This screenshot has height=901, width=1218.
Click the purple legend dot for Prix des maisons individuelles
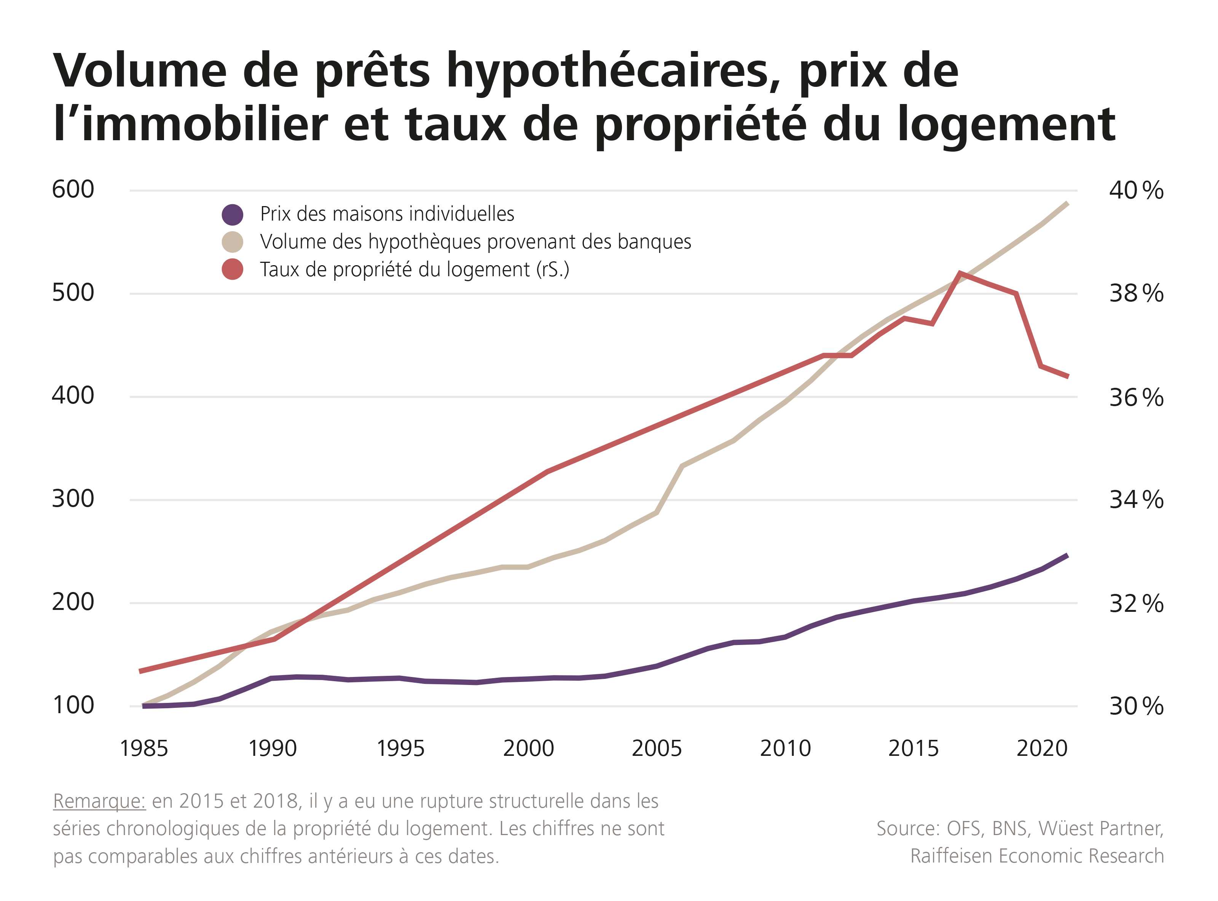point(232,215)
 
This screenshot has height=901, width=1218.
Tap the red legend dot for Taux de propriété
point(232,269)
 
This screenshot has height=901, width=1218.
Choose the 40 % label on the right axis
point(1136,190)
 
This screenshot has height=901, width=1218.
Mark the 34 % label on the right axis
point(1136,499)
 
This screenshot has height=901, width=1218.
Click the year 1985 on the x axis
point(144,748)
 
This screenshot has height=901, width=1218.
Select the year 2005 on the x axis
point(657,748)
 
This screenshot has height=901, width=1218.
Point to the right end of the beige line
point(1067,203)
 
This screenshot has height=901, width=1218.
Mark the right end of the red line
point(1068,376)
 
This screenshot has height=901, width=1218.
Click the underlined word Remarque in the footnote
point(99,801)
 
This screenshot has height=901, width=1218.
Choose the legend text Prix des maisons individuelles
point(387,214)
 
